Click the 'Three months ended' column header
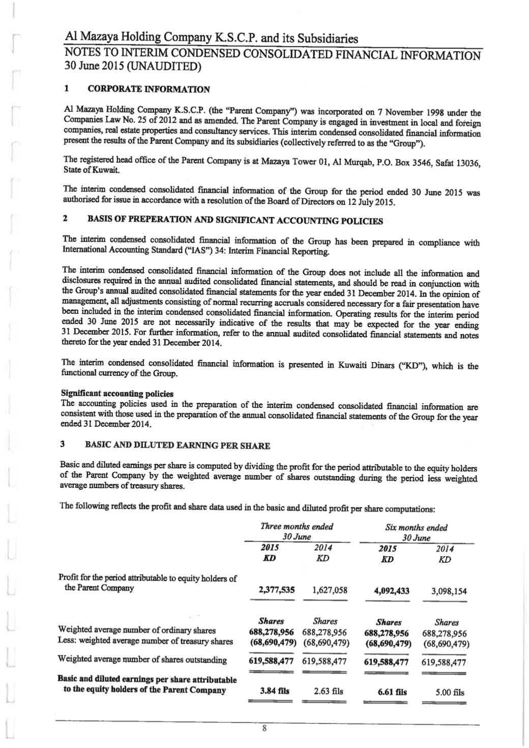pyautogui.click(x=297, y=526)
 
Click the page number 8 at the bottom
pyautogui.click(x=264, y=728)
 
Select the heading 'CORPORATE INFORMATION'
pyautogui.click(x=149, y=89)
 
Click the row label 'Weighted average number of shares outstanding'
pyautogui.click(x=143, y=660)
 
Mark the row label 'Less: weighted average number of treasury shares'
pyautogui.click(x=146, y=641)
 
